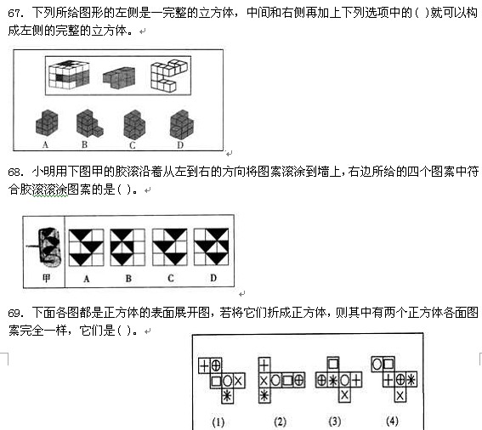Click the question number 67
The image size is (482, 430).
[15, 14]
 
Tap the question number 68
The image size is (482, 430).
[15, 172]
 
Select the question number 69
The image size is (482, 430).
[15, 313]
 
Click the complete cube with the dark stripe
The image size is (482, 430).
[69, 75]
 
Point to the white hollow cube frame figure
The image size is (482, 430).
[168, 76]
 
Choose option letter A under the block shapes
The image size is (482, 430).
[46, 144]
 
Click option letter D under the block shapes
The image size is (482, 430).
[180, 144]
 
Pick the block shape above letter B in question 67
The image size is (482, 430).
[90, 123]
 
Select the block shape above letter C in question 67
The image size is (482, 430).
[134, 124]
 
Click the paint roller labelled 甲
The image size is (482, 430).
[46, 246]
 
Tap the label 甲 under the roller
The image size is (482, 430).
[46, 278]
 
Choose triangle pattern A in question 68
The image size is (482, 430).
[87, 247]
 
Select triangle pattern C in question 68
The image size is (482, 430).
[170, 247]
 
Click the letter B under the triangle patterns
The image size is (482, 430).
[128, 279]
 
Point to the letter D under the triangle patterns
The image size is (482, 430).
[213, 278]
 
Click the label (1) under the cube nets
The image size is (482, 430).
[218, 422]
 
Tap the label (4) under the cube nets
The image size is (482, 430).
[392, 422]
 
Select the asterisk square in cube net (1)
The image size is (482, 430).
[228, 396]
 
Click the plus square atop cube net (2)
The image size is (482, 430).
[264, 365]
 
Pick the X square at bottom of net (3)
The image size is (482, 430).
[344, 395]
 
